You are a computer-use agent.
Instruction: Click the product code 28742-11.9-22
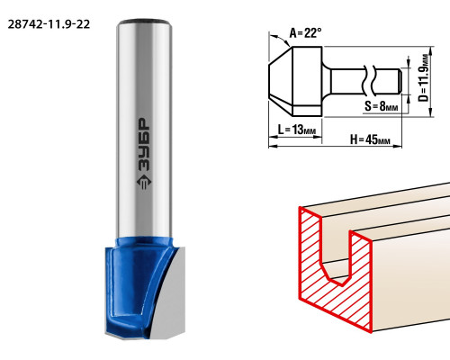[x=49, y=24]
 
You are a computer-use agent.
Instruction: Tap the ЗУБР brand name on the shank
[x=144, y=145]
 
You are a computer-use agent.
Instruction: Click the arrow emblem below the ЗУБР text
[x=144, y=182]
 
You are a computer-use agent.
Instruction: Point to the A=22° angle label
[x=305, y=32]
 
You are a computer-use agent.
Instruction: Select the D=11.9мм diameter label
[x=424, y=78]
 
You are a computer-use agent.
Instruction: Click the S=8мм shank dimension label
[x=382, y=105]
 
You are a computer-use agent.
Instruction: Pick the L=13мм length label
[x=297, y=130]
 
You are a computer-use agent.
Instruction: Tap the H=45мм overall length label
[x=370, y=139]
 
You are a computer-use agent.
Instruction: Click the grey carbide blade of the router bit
[x=169, y=300]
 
